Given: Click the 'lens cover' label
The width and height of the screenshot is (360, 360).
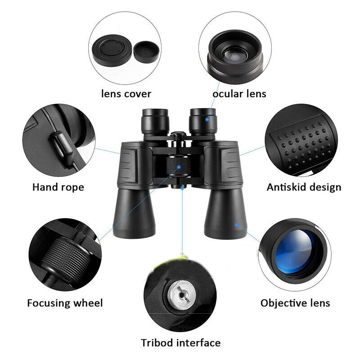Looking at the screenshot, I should (x=126, y=94).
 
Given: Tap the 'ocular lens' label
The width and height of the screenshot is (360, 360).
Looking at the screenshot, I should (x=239, y=94).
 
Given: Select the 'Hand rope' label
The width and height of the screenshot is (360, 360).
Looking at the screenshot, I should (x=58, y=187).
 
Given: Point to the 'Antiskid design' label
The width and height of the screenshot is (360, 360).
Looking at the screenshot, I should (x=304, y=187).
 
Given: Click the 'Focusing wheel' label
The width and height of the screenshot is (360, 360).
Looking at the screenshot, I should (x=65, y=303).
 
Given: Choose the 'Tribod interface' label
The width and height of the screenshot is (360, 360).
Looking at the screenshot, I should (x=181, y=343).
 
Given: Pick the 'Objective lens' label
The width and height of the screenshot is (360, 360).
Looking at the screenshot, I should (x=295, y=303).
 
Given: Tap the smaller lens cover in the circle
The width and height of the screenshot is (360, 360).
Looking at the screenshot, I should (x=147, y=52).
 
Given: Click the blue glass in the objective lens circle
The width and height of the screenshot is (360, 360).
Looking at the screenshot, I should (x=294, y=251).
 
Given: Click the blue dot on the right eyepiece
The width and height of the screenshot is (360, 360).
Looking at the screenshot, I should (x=207, y=119).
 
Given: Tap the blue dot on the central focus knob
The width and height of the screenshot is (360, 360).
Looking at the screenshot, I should (x=179, y=167).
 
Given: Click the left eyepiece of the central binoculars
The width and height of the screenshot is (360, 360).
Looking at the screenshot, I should (x=155, y=121).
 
